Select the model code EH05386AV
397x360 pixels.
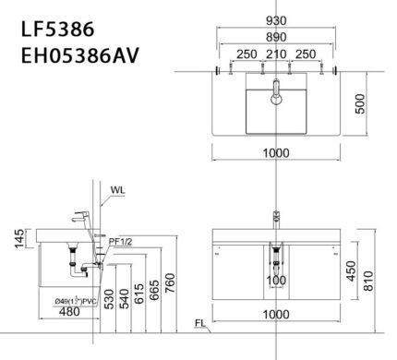78,56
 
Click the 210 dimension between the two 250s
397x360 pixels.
276,55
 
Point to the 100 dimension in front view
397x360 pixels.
274,280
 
